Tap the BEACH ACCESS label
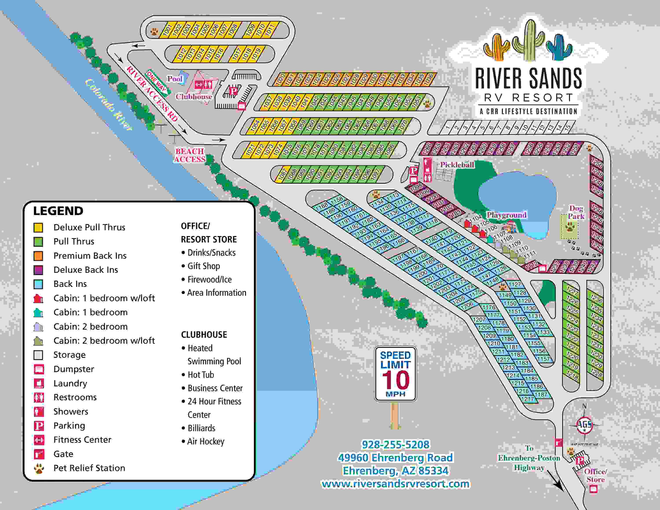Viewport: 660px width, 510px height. click(190, 155)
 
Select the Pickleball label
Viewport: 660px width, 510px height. click(457, 165)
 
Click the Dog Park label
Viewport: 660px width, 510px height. click(576, 212)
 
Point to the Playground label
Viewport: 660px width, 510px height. click(506, 215)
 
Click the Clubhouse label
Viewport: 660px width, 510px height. click(194, 97)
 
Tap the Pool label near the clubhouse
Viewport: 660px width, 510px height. click(175, 79)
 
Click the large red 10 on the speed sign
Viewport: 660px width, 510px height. click(395, 380)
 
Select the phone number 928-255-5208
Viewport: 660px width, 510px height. click(395, 444)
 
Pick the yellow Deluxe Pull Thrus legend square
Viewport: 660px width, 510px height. click(38, 227)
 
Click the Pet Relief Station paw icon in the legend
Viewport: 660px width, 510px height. click(39, 468)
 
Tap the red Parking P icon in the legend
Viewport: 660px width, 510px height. click(39, 426)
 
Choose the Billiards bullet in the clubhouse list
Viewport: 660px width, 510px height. click(201, 428)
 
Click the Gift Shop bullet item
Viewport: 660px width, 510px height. click(203, 266)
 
